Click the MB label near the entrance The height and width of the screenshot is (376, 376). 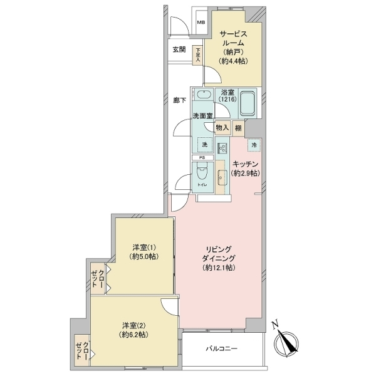pyautogui.click(x=201, y=24)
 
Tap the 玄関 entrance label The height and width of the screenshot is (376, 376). pyautogui.click(x=179, y=50)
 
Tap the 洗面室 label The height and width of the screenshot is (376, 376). pyautogui.click(x=202, y=116)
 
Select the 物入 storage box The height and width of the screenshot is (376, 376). pyautogui.click(x=222, y=128)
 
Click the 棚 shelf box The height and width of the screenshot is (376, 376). pyautogui.click(x=238, y=128)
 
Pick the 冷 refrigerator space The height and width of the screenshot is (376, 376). pyautogui.click(x=254, y=145)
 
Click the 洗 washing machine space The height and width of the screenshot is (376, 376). pyautogui.click(x=204, y=145)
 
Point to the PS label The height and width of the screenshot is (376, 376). pyautogui.click(x=202, y=158)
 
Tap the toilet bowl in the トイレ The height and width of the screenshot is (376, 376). pyautogui.click(x=203, y=175)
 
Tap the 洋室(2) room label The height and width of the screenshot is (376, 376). pyautogui.click(x=134, y=330)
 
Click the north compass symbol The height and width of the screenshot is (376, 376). pyautogui.click(x=285, y=341)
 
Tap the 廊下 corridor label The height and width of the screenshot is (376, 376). pyautogui.click(x=180, y=100)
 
